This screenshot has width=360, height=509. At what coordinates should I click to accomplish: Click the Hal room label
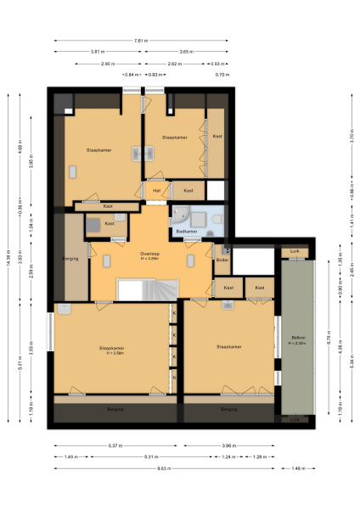(x=157, y=191)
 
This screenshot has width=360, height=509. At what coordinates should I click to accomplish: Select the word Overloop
(x=149, y=254)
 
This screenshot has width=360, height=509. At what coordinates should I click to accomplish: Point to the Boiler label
(x=222, y=259)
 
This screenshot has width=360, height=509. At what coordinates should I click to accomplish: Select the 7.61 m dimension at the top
(x=143, y=41)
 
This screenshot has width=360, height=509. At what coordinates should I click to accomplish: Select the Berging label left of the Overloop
(x=70, y=258)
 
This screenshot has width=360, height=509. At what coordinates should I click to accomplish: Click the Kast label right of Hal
(x=188, y=191)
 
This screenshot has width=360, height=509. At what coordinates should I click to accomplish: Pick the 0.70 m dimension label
(x=222, y=76)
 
